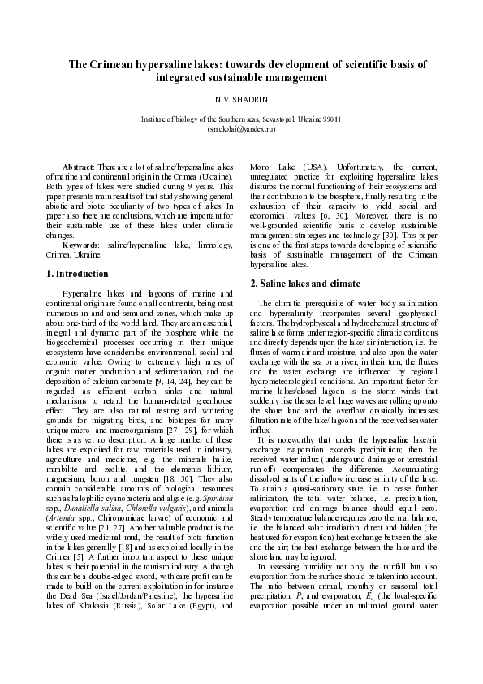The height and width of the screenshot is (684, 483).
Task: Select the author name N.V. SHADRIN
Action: pos(241,99)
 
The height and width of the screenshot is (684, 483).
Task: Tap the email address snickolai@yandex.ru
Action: pos(242,128)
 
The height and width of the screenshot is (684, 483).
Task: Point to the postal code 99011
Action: pos(331,119)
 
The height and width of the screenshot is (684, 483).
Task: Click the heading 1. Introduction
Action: pos(78,274)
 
